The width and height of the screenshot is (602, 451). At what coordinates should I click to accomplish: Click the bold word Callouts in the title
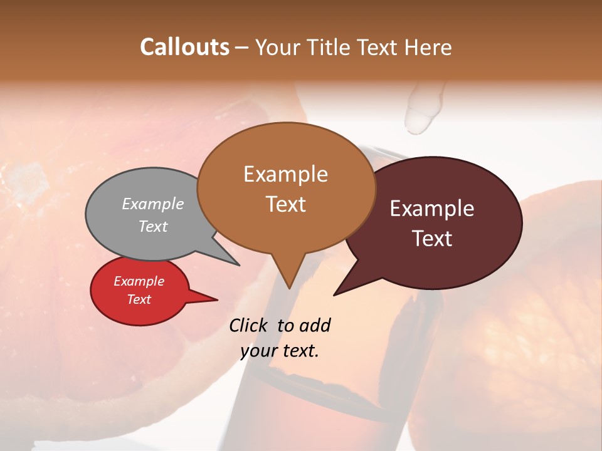point(184,47)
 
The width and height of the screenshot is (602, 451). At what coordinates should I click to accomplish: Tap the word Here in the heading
point(428,47)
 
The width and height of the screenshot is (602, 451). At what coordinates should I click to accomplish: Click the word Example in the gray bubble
point(153,204)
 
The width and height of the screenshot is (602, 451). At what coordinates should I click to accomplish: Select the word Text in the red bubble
point(139,299)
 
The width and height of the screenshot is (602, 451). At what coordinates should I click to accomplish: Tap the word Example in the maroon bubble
point(432,209)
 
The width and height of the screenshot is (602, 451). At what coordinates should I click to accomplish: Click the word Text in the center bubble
point(286,204)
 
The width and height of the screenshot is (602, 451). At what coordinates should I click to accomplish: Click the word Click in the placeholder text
point(249,325)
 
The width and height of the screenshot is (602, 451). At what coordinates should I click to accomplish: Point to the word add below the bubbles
point(314,325)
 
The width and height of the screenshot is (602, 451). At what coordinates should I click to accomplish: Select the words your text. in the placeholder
point(280,351)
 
